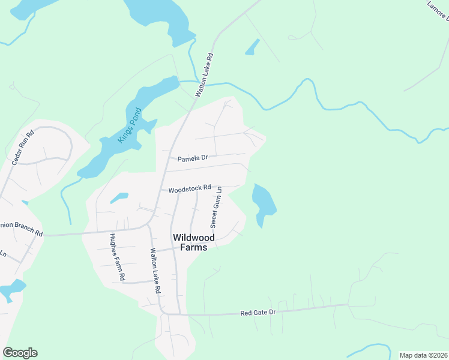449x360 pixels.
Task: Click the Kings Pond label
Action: [130, 125]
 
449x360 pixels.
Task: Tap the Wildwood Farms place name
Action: [193, 242]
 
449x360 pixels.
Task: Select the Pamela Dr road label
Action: [192, 158]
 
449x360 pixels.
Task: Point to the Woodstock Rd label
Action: [190, 188]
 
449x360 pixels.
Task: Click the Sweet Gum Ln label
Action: [216, 207]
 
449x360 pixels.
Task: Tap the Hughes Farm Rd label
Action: [116, 257]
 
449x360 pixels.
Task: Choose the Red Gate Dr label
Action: [258, 313]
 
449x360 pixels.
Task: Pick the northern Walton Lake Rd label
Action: [204, 73]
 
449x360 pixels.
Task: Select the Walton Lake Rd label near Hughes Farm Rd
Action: [155, 271]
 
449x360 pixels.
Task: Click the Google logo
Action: [20, 353]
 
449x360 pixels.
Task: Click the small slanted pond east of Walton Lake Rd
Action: [253, 47]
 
